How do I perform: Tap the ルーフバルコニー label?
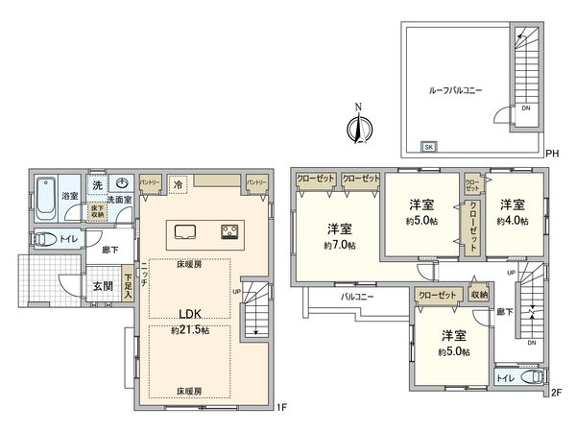tap(454, 89)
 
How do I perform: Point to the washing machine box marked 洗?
tap(97, 183)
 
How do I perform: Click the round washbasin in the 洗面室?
tap(122, 183)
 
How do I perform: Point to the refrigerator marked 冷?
tap(178, 182)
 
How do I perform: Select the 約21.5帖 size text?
tap(189, 329)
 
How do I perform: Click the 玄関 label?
tap(103, 284)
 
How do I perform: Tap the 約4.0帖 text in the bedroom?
tap(512, 220)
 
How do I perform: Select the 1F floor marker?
tap(281, 407)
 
